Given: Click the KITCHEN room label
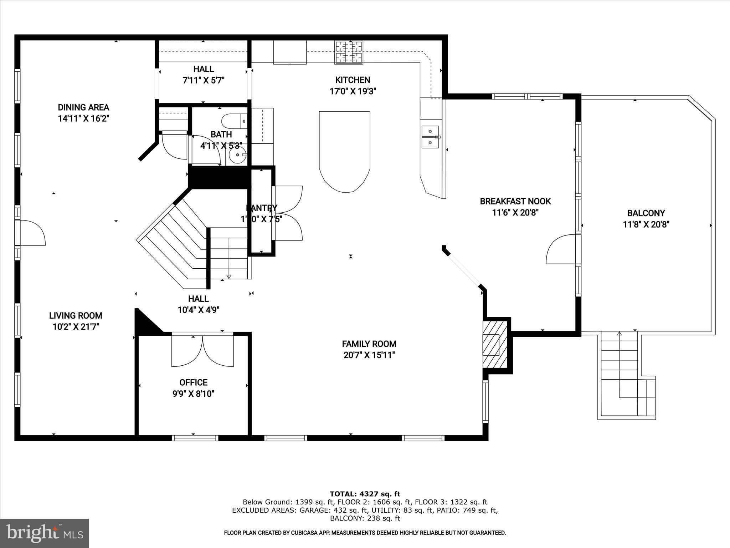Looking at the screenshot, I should point(353,80).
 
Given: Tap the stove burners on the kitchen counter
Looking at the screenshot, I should point(349,52).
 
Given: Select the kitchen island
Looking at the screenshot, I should point(344,150).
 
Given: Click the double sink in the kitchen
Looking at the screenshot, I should point(431,137).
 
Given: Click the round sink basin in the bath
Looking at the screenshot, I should point(236,156).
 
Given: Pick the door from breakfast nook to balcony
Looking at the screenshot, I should point(561,249).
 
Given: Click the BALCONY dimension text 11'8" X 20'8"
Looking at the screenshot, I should point(646,224).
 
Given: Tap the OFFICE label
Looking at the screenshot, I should point(193,382).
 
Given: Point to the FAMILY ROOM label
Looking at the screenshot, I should point(369,344).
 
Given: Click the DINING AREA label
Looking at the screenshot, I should point(83,107).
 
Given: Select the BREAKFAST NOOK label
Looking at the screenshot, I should point(515,201).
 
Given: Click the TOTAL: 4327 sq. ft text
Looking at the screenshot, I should point(365,494).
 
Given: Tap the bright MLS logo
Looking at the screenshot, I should point(45,533).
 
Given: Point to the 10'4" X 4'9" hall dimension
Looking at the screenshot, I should point(198,310).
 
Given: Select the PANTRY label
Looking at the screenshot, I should point(262,208).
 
